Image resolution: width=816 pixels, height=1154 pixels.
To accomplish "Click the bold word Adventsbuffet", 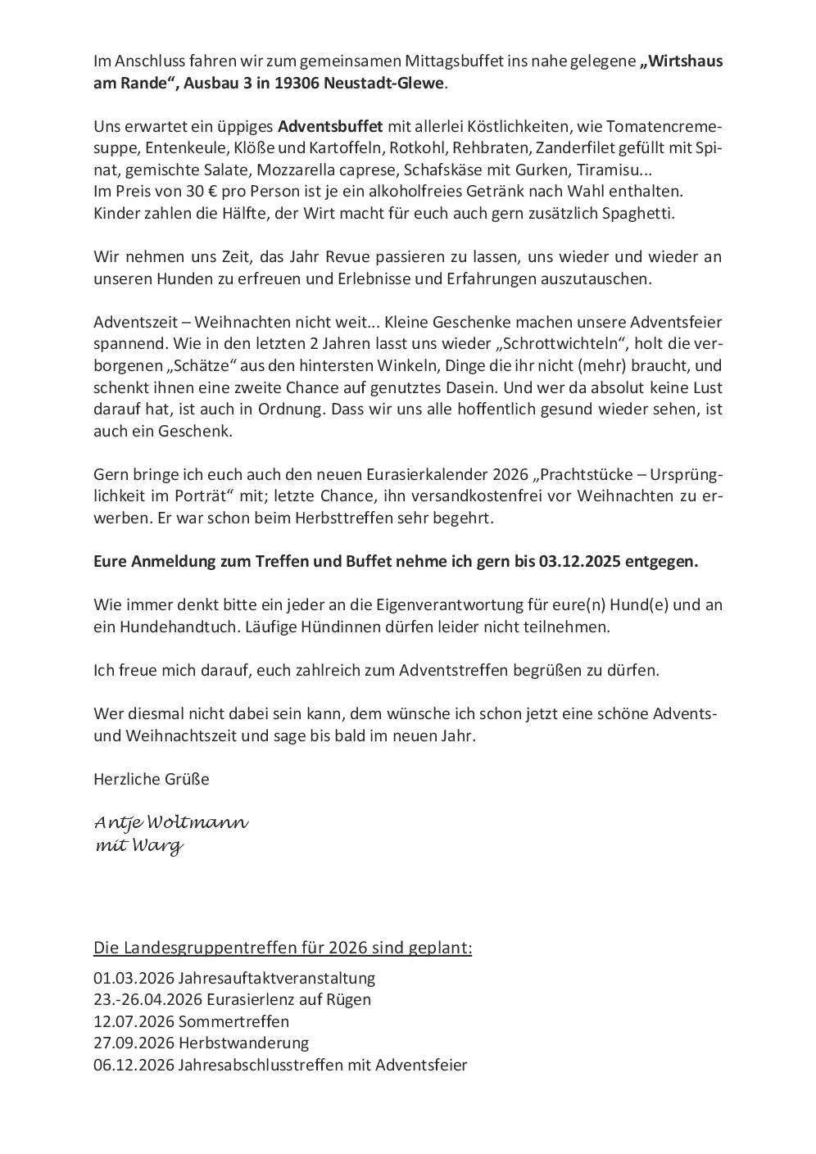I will click(330, 127).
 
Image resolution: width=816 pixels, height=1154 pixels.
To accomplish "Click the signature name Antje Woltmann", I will click(171, 822).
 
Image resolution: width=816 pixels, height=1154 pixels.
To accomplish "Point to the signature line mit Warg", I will click(139, 846).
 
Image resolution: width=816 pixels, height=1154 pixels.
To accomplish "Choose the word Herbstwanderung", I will click(243, 1043).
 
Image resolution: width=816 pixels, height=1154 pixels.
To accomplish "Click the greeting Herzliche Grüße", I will click(152, 779).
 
